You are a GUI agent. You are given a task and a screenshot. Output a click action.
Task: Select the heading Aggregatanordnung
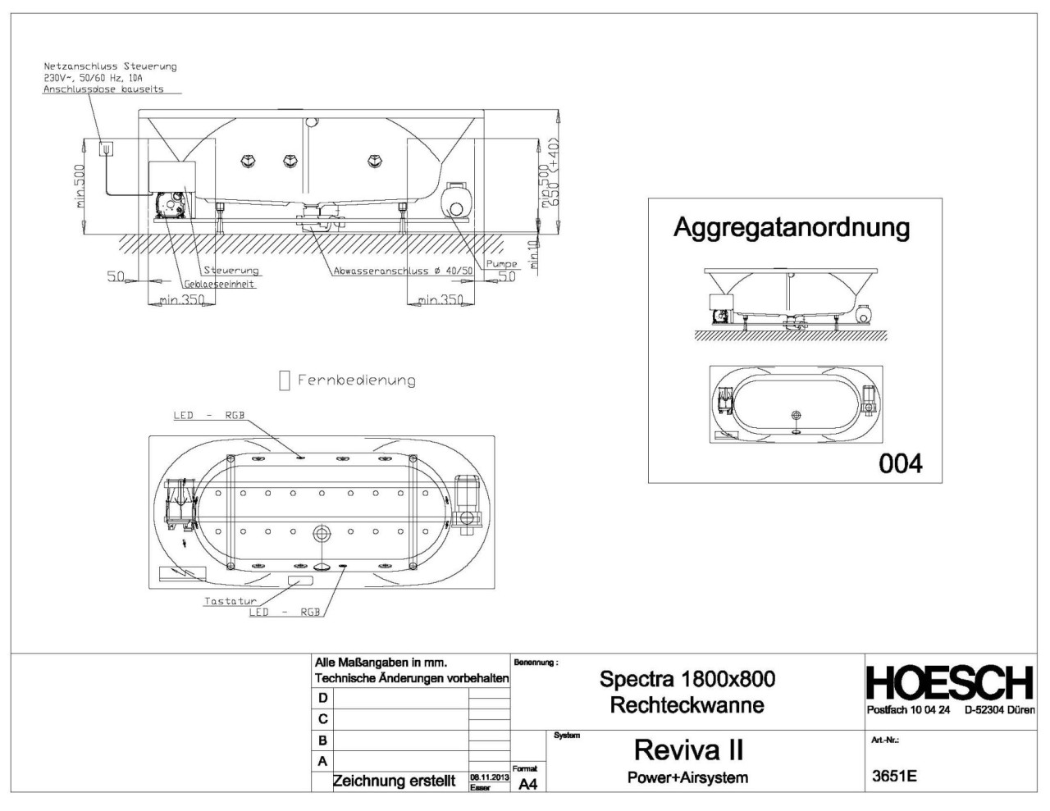(x=791, y=227)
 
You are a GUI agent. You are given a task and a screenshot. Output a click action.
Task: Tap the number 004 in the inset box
(x=900, y=464)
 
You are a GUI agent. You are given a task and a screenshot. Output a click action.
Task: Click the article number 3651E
(x=894, y=777)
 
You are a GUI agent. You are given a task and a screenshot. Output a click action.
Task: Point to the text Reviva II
(x=688, y=749)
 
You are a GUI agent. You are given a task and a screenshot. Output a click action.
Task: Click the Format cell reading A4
(x=527, y=784)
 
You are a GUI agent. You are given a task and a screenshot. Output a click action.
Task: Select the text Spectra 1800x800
(x=687, y=679)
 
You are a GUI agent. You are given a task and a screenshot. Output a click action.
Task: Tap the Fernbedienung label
(x=357, y=380)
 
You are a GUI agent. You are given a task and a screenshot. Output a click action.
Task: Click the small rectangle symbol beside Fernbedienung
(x=285, y=380)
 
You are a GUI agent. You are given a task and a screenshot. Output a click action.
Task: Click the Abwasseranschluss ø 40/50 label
(x=403, y=271)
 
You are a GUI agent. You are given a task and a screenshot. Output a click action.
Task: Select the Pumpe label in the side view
(x=501, y=264)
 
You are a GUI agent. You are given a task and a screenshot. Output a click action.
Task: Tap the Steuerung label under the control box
(x=231, y=271)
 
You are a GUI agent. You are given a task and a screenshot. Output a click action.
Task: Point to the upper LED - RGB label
(x=208, y=415)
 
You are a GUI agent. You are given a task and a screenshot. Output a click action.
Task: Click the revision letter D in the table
(x=322, y=698)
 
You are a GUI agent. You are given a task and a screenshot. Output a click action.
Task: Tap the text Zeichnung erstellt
(x=393, y=781)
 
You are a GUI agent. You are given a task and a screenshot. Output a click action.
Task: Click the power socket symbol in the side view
(x=106, y=148)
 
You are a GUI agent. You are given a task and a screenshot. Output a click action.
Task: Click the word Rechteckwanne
(x=687, y=704)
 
